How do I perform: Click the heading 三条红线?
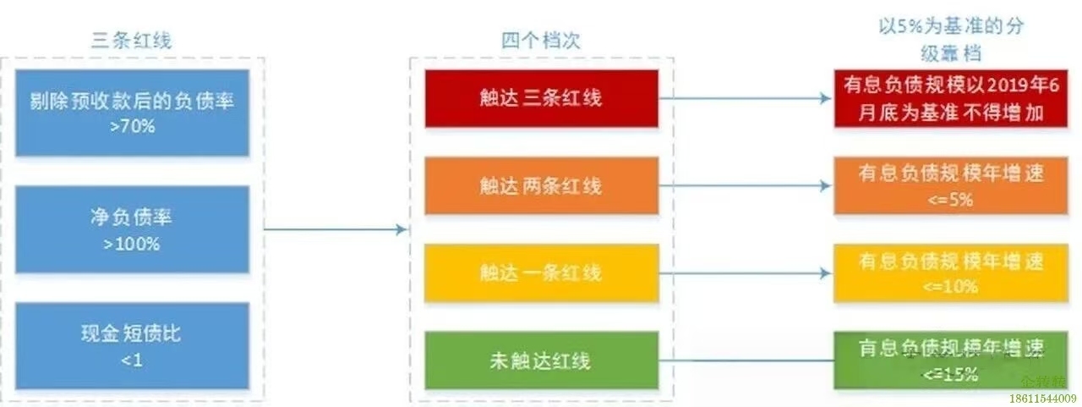click(136, 40)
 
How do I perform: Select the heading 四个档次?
click(541, 40)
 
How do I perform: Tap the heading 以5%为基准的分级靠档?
click(951, 38)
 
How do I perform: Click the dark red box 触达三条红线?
click(541, 98)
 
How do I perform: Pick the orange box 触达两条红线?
click(541, 185)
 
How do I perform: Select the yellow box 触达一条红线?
click(541, 272)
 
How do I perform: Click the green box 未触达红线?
click(541, 360)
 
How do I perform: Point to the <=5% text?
click(951, 200)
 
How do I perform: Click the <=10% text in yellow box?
click(951, 287)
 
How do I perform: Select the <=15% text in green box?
click(951, 373)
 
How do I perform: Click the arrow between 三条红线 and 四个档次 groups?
click(336, 229)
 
